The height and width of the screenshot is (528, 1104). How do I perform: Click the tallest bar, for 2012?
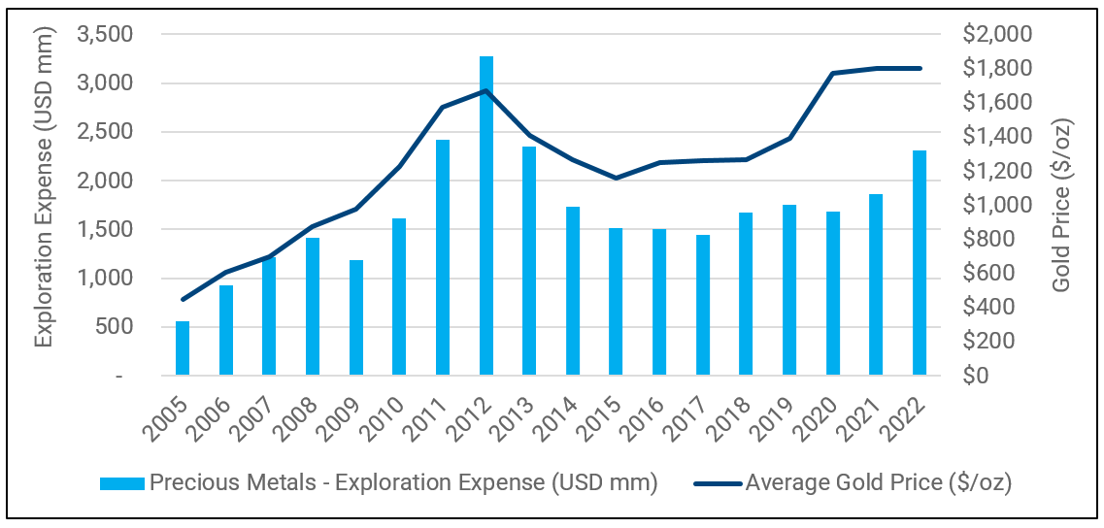[485, 215]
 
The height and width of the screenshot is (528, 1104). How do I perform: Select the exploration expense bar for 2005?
[183, 348]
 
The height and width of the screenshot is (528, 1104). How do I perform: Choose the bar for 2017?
[703, 305]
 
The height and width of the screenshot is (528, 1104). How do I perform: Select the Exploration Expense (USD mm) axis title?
[44, 186]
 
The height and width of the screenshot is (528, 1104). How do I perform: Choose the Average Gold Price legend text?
[879, 482]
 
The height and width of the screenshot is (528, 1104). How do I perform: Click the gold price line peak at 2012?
[485, 90]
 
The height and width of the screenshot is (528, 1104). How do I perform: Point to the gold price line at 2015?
[616, 178]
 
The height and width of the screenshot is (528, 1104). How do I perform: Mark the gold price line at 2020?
[833, 73]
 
